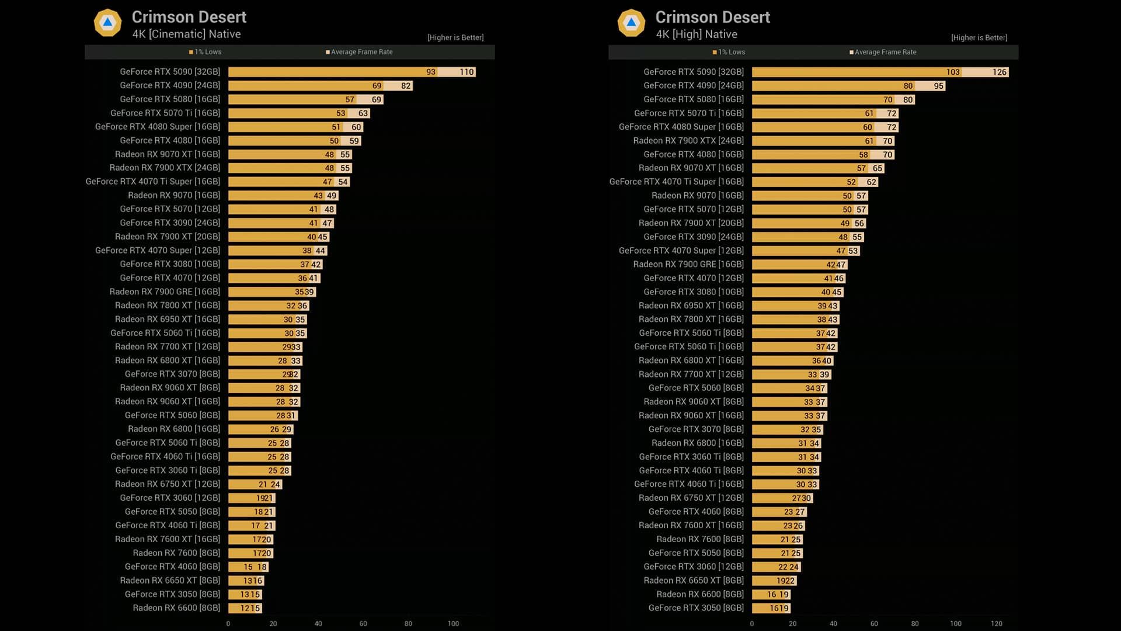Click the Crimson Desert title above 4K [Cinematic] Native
tap(189, 17)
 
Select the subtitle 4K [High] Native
tap(696, 34)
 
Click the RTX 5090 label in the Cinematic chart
tap(169, 72)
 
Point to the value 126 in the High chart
tap(999, 72)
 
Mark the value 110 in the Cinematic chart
tap(466, 72)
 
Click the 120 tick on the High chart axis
tap(996, 623)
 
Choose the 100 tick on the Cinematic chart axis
tap(453, 623)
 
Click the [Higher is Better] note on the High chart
tap(979, 38)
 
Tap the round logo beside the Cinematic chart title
tap(107, 23)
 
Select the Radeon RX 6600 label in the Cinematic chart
tap(176, 608)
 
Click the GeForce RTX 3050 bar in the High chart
tap(771, 608)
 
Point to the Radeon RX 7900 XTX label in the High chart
tap(688, 141)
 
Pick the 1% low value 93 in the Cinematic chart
tap(431, 72)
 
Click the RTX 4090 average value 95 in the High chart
tap(938, 86)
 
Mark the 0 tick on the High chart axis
tap(751, 623)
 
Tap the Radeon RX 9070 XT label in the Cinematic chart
tap(167, 154)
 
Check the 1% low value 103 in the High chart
tap(952, 72)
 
